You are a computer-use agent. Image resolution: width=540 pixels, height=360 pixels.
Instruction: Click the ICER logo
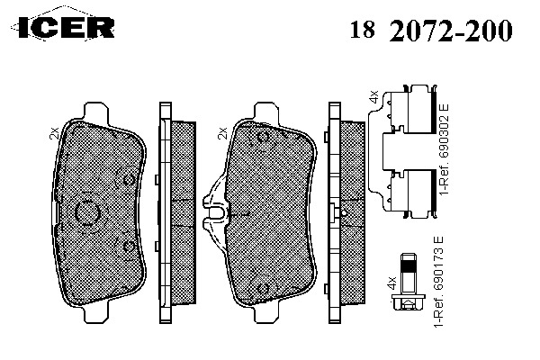coord(63,26)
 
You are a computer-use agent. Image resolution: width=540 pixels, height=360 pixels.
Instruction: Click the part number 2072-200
coord(451,31)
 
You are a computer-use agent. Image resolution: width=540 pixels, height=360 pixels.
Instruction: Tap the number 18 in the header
coord(362,30)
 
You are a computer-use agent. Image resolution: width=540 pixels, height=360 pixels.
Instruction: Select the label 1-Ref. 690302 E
coord(444,148)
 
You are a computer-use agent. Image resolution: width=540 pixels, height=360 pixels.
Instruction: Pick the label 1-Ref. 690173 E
coord(438,282)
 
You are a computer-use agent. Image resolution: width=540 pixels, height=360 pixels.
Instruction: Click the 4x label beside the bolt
coord(391,282)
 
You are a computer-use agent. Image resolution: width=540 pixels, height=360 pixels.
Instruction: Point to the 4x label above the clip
coord(373,96)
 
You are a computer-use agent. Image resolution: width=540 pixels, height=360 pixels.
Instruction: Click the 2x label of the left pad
coord(54,133)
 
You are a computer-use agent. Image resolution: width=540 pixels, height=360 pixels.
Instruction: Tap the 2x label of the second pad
coord(223,133)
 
